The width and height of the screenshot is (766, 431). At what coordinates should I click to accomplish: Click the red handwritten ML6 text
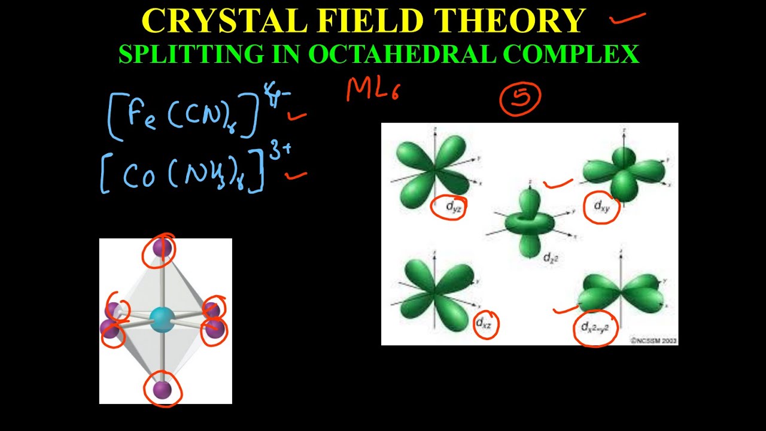point(372,90)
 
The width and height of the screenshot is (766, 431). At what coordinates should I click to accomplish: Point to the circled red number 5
point(520,98)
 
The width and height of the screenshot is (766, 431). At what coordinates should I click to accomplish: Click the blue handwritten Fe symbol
point(142,114)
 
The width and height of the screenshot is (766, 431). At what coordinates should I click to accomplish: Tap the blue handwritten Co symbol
point(140,175)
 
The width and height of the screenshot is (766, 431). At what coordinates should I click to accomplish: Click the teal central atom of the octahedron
point(161,319)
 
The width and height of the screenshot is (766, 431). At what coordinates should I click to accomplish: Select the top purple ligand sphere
point(162,248)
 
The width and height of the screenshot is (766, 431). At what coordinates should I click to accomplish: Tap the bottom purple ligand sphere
point(162,390)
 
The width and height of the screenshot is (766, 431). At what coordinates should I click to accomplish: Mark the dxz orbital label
point(484,324)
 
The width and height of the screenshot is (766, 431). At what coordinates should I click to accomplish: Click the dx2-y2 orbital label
point(595,327)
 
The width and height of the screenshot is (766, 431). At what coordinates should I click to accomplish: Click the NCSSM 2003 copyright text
point(653,340)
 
